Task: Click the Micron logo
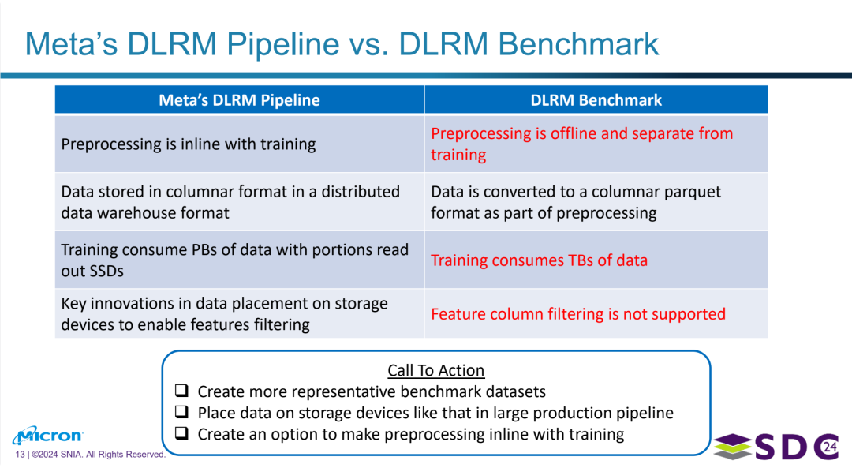pos(48,436)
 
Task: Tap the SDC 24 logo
pos(776,446)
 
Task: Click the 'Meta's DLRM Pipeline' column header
pos(239,100)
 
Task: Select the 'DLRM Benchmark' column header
pos(596,100)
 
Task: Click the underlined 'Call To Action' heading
pos(435,370)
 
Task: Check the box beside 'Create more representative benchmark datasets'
pos(181,391)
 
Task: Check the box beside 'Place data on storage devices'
pos(181,411)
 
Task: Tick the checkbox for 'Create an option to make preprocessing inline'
pos(181,432)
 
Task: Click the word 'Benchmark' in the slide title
pos(578,43)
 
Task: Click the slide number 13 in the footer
pos(20,455)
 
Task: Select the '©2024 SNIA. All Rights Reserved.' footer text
pos(99,455)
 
